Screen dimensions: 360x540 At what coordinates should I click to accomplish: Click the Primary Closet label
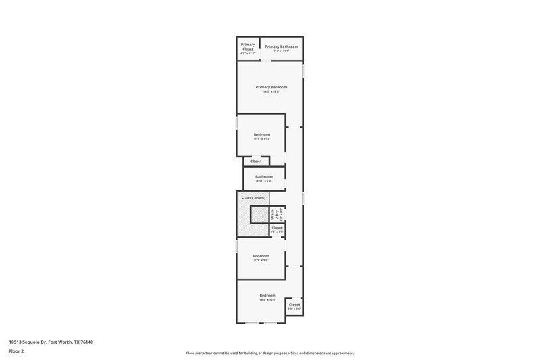click(248, 47)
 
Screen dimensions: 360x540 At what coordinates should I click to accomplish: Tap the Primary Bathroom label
click(281, 47)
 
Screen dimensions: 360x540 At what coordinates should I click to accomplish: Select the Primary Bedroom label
click(271, 87)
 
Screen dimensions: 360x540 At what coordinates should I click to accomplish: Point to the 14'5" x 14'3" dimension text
click(271, 92)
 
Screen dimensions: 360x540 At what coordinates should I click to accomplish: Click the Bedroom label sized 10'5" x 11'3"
click(261, 134)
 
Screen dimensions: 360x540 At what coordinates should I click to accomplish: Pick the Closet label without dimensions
click(256, 161)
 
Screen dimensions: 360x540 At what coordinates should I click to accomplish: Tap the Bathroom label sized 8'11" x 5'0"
click(264, 176)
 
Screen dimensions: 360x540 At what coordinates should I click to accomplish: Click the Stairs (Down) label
click(253, 197)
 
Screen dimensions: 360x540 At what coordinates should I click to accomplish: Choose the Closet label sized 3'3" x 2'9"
click(277, 228)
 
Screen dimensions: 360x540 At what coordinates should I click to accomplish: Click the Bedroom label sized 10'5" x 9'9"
click(261, 255)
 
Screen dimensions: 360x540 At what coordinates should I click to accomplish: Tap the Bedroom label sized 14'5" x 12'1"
click(268, 295)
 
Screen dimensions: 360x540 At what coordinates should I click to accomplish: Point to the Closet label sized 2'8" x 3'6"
click(294, 305)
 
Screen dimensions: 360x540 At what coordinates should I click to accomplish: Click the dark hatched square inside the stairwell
click(260, 215)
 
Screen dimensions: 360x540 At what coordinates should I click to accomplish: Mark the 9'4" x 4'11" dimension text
click(281, 51)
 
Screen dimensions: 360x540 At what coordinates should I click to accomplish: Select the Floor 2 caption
click(16, 351)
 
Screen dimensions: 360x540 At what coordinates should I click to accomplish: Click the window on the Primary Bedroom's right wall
click(304, 70)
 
